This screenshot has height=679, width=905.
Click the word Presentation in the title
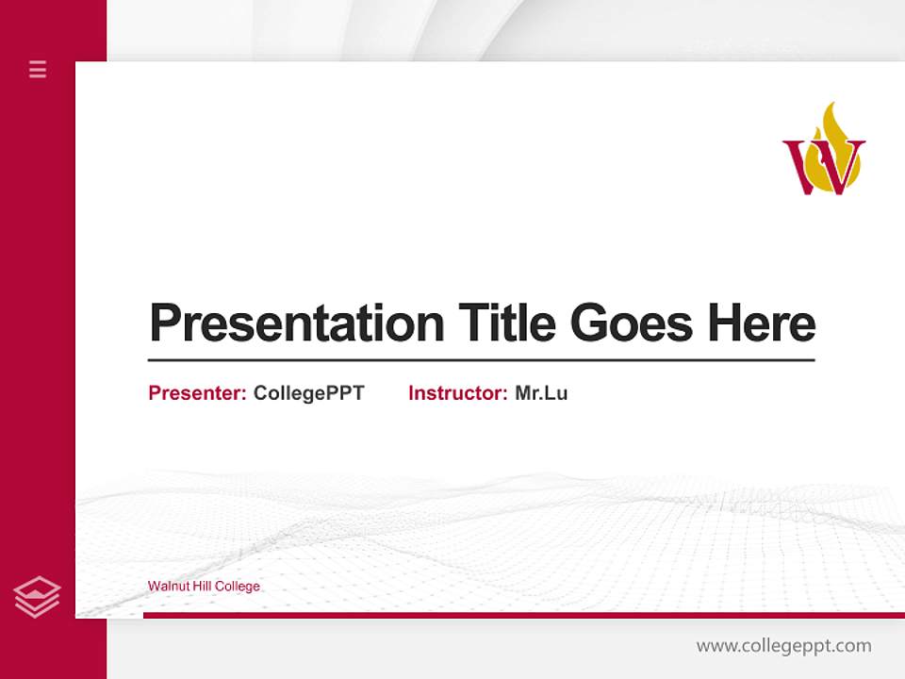[x=296, y=323]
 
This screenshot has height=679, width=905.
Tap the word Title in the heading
[x=506, y=323]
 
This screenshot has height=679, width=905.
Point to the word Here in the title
[x=762, y=323]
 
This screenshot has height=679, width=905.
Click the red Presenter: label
[x=197, y=393]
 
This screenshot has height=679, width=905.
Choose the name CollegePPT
[x=308, y=393]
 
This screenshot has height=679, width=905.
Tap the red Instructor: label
[x=457, y=393]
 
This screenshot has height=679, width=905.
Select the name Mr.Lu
[x=541, y=393]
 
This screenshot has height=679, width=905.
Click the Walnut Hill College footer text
[x=204, y=587]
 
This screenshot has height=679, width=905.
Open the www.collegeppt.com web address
[x=783, y=646]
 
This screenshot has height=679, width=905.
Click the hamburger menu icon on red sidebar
[x=38, y=69]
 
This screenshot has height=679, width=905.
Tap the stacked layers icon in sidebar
[x=37, y=597]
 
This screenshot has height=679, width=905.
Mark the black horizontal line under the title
[x=481, y=360]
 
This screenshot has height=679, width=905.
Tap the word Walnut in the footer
[x=167, y=587]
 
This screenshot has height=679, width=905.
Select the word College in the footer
[x=238, y=587]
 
